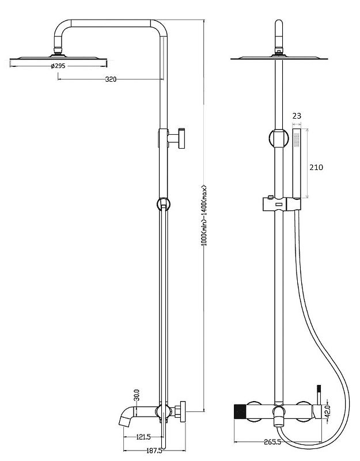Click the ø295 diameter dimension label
[58, 66]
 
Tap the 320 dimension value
[111, 79]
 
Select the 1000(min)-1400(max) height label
[204, 215]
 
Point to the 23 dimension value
[297, 116]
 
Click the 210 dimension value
[316, 167]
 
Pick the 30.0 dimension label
[137, 395]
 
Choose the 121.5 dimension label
[143, 437]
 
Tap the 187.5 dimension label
[154, 451]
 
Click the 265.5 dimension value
[272, 441]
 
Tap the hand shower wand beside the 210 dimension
[297, 163]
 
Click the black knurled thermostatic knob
[240, 411]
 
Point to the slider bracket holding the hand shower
[282, 204]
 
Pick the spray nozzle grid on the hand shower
[297, 139]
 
